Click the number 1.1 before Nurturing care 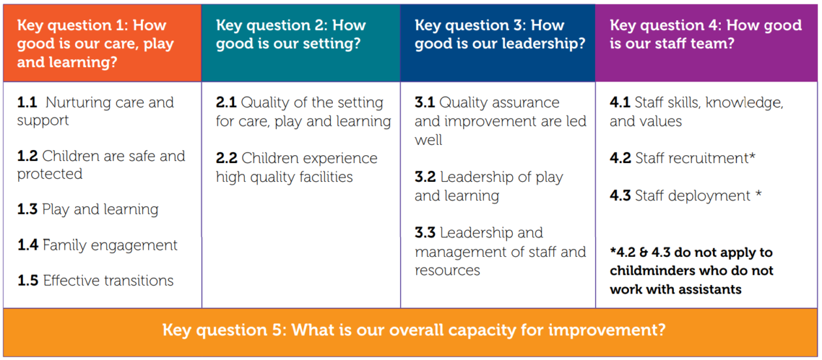click(x=27, y=102)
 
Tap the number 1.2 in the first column click(x=27, y=157)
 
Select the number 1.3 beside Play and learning click(x=27, y=209)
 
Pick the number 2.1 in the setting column click(x=226, y=102)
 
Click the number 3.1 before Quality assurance click(x=425, y=102)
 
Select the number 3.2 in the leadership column click(x=425, y=177)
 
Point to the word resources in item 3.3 click(x=448, y=271)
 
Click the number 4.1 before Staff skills click(x=620, y=102)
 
